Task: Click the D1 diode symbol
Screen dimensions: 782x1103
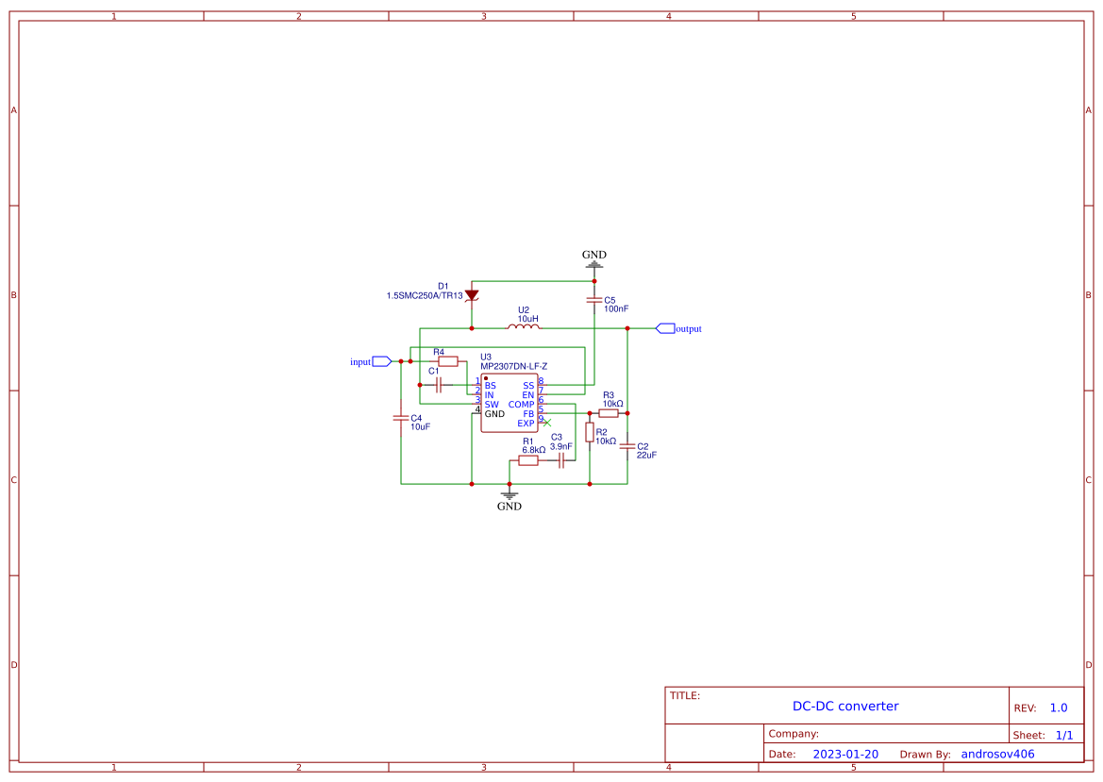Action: click(x=472, y=295)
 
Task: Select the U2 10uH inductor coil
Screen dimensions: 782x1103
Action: click(x=524, y=327)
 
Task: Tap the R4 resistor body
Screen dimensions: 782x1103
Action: click(x=448, y=361)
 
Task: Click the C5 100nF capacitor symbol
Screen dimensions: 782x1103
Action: click(x=593, y=301)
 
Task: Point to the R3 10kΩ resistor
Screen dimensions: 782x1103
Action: click(x=609, y=413)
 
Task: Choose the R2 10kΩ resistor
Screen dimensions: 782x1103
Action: click(x=590, y=432)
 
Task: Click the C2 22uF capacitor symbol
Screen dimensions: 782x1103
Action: click(x=627, y=447)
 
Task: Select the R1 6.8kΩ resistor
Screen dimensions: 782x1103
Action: click(x=528, y=460)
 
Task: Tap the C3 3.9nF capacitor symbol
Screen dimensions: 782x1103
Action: click(x=561, y=460)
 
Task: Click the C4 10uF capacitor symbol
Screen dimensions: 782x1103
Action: click(x=401, y=418)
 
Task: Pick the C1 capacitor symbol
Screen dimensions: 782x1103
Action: click(x=439, y=385)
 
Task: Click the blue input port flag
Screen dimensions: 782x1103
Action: click(x=381, y=361)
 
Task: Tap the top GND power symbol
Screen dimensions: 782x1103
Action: click(x=593, y=264)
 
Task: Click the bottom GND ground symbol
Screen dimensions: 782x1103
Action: click(x=510, y=494)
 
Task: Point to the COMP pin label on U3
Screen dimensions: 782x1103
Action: click(x=521, y=405)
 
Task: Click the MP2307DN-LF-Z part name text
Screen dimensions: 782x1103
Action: click(x=513, y=366)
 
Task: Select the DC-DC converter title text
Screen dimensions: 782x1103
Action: click(x=845, y=706)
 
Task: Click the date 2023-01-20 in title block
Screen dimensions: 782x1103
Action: click(x=845, y=754)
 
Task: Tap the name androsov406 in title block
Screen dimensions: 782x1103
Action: click(x=997, y=754)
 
